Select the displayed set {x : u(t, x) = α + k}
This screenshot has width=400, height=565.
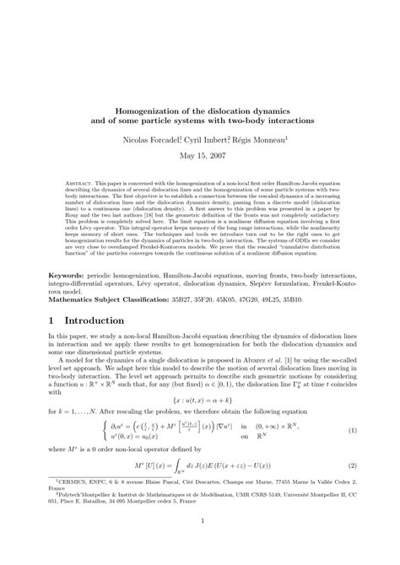point(199,395)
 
